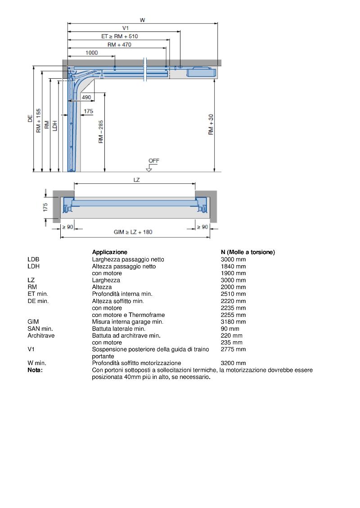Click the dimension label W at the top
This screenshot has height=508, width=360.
[142, 20]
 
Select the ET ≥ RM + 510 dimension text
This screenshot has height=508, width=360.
[120, 36]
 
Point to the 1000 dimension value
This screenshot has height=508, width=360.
[91, 53]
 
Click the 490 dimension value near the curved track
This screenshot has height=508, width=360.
[86, 97]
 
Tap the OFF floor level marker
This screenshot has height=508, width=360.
[154, 160]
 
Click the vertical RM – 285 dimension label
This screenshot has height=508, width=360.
[101, 132]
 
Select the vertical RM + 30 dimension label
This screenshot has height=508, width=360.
[211, 125]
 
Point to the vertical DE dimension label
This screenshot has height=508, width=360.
[30, 119]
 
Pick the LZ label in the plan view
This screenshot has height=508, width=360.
[137, 179]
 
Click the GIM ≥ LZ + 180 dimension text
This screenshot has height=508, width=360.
[133, 232]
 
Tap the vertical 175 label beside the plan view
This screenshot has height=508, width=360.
[45, 207]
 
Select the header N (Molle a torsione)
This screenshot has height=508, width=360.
[247, 252]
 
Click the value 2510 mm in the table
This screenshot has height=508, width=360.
[233, 294]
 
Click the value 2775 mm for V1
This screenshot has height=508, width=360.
[233, 349]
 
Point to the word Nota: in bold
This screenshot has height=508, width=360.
[35, 370]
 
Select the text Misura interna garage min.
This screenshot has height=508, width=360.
[128, 322]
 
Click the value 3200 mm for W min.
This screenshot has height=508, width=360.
[233, 363]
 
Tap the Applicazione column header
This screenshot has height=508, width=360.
[110, 252]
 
